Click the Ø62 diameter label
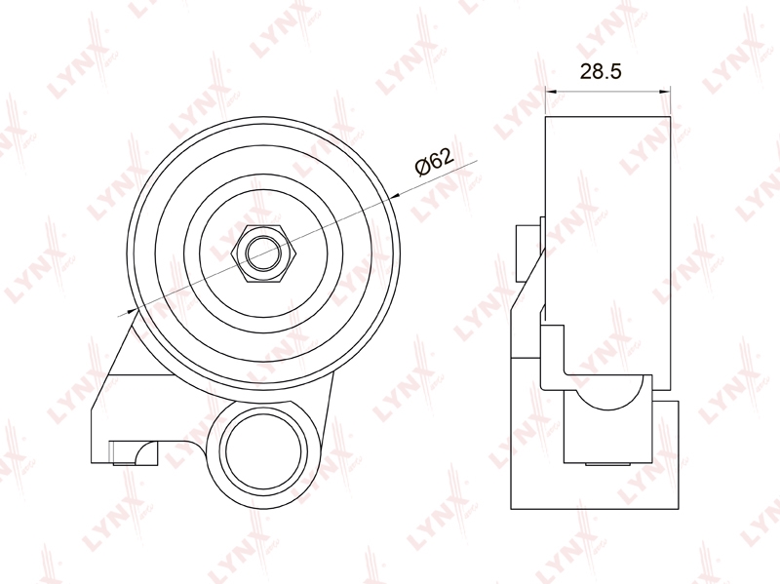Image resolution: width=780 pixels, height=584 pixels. [x=434, y=162]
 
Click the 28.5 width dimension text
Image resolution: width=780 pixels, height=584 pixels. [x=601, y=71]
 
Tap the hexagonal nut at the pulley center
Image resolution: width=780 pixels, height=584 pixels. [x=264, y=253]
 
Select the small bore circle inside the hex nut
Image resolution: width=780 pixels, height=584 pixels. [x=264, y=253]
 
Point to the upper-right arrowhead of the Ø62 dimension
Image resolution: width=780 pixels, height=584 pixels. [x=396, y=196]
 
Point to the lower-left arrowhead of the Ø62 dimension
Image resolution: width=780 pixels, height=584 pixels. [x=132, y=311]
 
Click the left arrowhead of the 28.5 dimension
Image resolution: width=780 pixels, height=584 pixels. [x=551, y=91]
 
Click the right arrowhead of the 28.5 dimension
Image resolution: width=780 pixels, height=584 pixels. [x=665, y=91]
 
